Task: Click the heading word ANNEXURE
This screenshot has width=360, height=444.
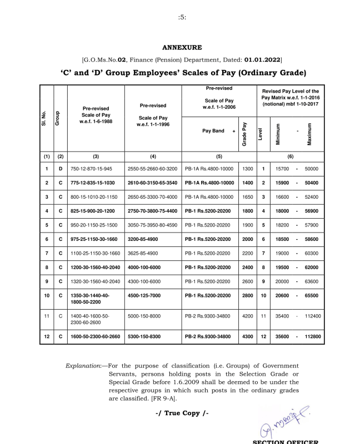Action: [x=182, y=48]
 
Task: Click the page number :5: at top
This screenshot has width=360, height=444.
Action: [x=182, y=17]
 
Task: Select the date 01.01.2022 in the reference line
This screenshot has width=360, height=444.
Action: [x=264, y=59]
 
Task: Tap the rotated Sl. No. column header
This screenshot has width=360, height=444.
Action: [x=44, y=118]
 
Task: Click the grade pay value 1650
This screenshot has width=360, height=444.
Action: [x=248, y=196]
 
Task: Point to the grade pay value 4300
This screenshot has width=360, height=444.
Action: [x=248, y=336]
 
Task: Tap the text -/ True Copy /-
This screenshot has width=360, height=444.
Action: [x=182, y=413]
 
